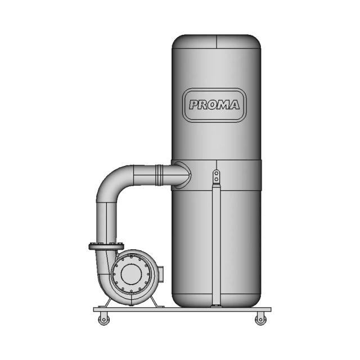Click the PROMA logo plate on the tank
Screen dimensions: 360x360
214,105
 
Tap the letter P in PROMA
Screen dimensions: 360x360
195,105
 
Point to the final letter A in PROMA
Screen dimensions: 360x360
233,105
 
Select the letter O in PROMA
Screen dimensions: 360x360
213,105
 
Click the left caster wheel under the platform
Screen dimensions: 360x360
104,319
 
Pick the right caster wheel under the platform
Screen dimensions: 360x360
261,319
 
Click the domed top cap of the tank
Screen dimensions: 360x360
216,42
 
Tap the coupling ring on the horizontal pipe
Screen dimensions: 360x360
159,175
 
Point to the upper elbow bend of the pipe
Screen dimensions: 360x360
112,181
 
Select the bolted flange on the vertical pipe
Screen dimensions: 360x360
106,246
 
